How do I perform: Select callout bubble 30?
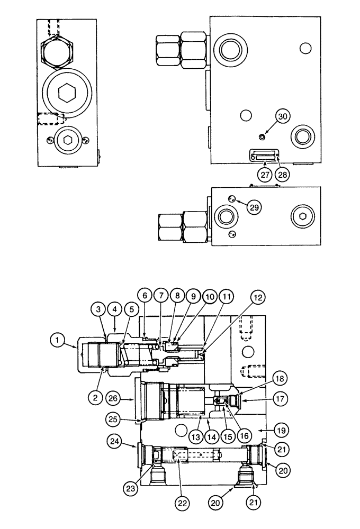283,116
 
